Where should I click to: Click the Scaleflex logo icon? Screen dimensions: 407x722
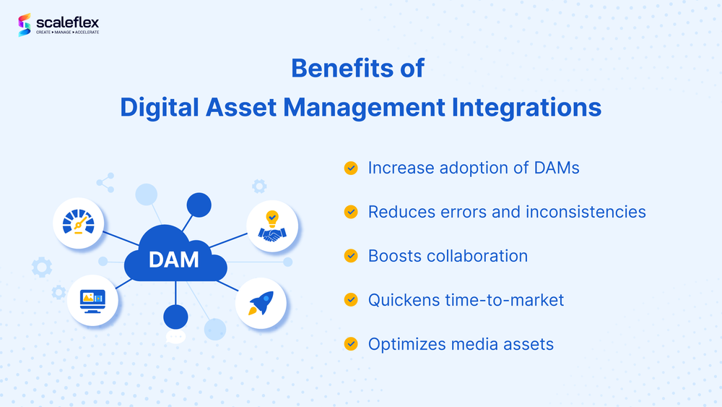24,25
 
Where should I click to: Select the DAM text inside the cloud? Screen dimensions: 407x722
173,259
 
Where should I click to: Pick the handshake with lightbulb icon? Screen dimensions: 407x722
273,225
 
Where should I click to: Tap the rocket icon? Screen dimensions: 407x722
261,303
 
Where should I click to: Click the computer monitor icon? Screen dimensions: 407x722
92,299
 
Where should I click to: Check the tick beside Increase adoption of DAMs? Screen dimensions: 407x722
351,168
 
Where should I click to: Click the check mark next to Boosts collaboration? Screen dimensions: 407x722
351,255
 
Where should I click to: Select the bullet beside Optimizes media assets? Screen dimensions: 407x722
351,343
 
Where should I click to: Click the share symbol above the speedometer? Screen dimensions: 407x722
105,182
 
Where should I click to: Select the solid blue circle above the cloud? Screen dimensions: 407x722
199,205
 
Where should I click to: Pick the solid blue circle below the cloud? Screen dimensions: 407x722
175,316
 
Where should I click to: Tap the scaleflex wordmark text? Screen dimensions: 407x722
67,22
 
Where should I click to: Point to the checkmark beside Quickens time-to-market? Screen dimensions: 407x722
351,299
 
